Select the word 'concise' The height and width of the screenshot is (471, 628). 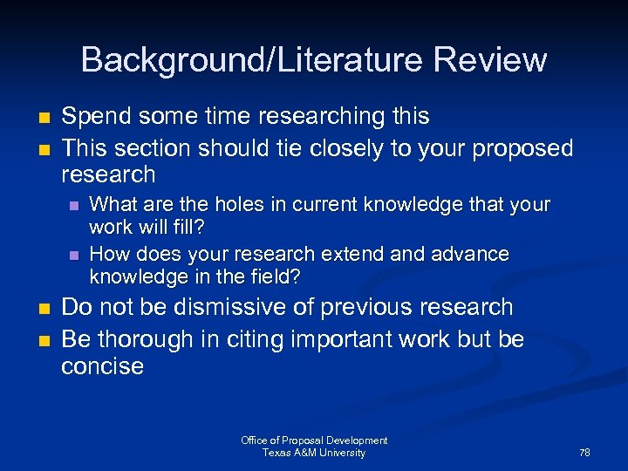[102, 366]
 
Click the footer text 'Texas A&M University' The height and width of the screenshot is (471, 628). [314, 453]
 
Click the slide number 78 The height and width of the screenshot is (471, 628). [584, 453]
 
